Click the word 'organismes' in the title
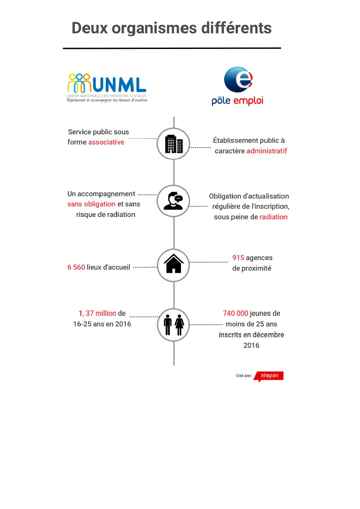click(x=154, y=29)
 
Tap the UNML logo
click(x=107, y=87)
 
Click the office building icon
click(x=174, y=144)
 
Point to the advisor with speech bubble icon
click(x=174, y=201)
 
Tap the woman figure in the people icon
click(x=179, y=325)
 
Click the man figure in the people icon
click(x=168, y=325)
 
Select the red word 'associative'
click(x=106, y=142)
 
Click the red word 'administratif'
click(x=267, y=151)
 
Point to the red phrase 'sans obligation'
click(x=91, y=204)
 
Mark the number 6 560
click(x=76, y=267)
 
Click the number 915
click(x=238, y=258)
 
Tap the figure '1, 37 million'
click(x=97, y=313)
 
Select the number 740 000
click(x=235, y=313)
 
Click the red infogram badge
click(x=269, y=376)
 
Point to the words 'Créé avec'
click(x=244, y=376)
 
